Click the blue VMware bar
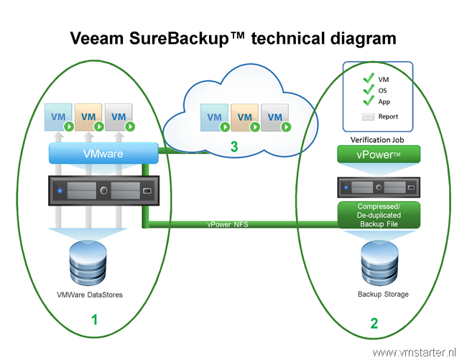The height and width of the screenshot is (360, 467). click(103, 153)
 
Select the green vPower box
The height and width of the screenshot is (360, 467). click(379, 154)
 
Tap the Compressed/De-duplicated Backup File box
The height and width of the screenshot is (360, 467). click(379, 215)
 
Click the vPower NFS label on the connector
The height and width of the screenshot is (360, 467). click(228, 224)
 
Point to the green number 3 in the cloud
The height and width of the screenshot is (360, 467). click(234, 147)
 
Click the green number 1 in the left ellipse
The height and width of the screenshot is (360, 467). click(94, 320)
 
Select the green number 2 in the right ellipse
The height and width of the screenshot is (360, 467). click(374, 323)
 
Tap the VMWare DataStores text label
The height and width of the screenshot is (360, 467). click(90, 295)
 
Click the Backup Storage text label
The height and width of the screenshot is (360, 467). click(383, 294)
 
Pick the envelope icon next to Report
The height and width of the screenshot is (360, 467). click(368, 116)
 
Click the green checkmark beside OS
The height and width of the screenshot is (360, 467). click(369, 89)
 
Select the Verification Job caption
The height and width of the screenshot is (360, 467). click(377, 139)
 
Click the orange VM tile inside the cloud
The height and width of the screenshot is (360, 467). click(244, 117)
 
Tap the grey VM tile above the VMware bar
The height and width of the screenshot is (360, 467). click(119, 117)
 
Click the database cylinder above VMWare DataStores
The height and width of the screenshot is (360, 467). click(88, 263)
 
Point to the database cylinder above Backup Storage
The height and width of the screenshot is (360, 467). click(379, 263)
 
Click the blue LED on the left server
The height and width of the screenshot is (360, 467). click(60, 190)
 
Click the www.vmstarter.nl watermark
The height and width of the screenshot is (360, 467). click(414, 353)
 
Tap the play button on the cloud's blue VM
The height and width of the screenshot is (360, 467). click(225, 127)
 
